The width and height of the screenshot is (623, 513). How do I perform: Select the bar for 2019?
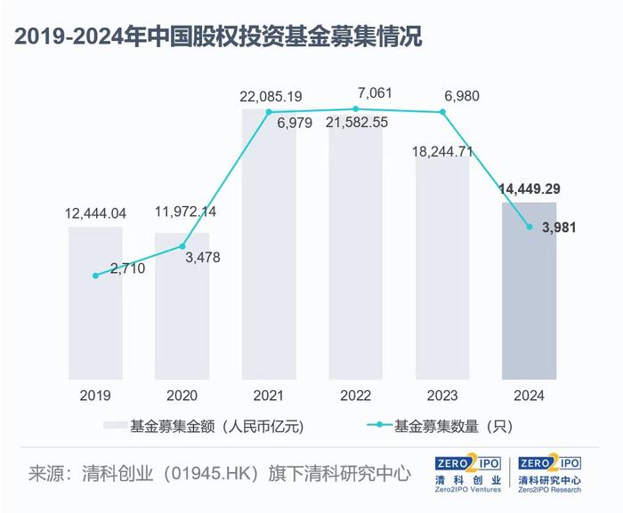pyautogui.click(x=95, y=302)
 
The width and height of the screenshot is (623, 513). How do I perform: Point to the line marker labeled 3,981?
pyautogui.click(x=530, y=227)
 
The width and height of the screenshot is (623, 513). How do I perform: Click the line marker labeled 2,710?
pyautogui.click(x=95, y=276)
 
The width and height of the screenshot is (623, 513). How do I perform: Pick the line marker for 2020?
pyautogui.click(x=182, y=246)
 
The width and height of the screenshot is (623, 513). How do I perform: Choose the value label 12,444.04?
pyautogui.click(x=95, y=213)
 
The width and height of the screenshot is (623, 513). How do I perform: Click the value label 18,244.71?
pyautogui.click(x=442, y=152)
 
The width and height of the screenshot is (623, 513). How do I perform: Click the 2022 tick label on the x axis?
pyautogui.click(x=355, y=396)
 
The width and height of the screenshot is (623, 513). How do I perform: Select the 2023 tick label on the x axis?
pyautogui.click(x=442, y=396)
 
